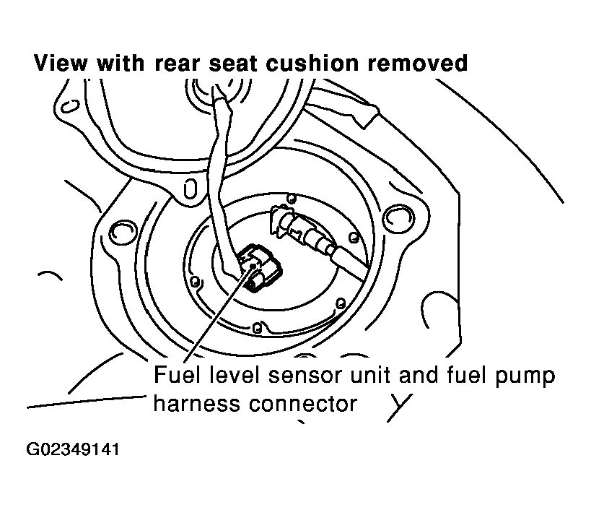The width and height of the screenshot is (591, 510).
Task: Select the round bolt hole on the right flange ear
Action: click(x=393, y=216)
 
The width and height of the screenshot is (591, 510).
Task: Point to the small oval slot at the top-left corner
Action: click(x=70, y=106)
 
